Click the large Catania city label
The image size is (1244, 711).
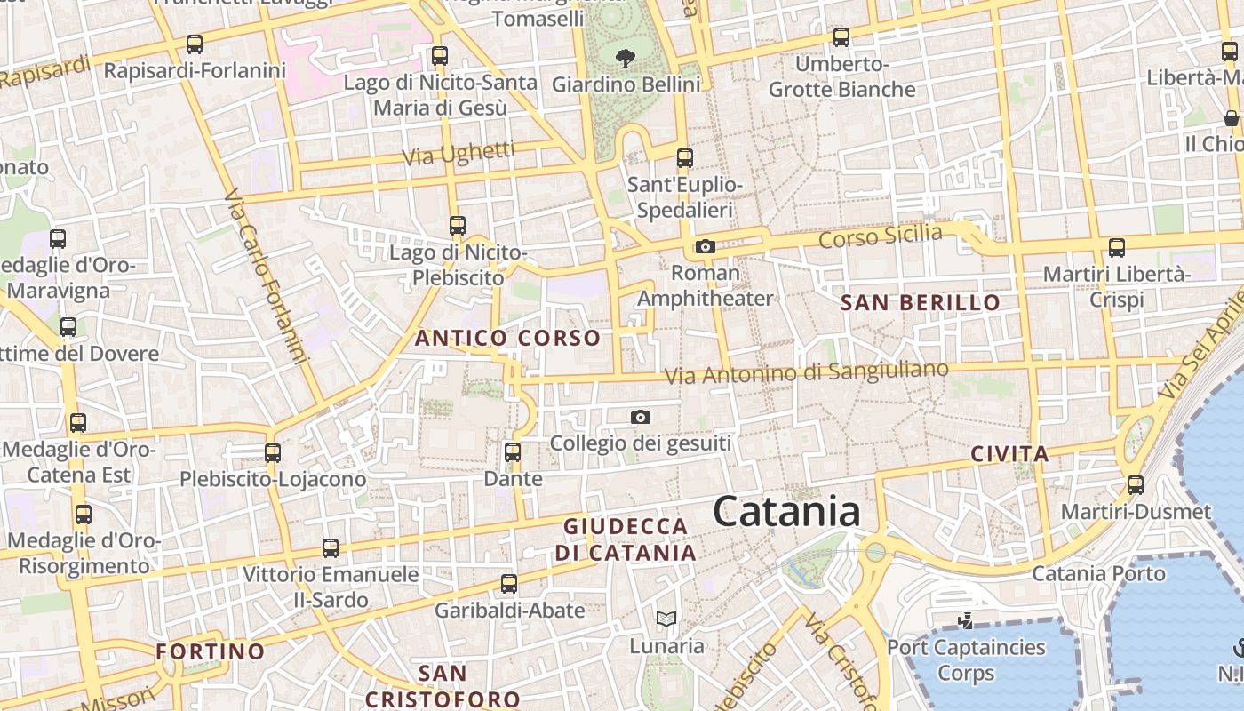point(786,512)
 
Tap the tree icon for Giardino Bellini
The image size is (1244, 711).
point(626,59)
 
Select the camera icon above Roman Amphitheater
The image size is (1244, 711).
point(706,246)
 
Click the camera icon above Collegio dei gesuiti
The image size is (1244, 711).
point(640,417)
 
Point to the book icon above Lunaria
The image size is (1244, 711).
point(666,619)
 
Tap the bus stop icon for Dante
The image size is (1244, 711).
point(513,451)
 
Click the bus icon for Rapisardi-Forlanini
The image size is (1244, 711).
point(195,44)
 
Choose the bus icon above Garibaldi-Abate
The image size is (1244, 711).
point(509,583)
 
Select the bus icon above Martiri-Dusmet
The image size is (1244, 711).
point(1136,484)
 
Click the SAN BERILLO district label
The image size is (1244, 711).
point(921,302)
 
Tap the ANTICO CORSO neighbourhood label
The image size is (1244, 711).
point(508,338)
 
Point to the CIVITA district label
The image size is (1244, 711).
point(1009,453)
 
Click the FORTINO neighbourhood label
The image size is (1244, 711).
point(211,651)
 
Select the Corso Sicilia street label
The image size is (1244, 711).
point(881,236)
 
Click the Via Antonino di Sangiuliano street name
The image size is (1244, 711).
point(807,372)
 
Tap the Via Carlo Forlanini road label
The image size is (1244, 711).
point(266,276)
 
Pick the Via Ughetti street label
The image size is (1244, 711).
point(458,153)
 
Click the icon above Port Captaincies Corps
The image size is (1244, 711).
point(966,620)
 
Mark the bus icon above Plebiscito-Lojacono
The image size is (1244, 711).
point(273,452)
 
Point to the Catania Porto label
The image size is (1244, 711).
point(1098,573)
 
